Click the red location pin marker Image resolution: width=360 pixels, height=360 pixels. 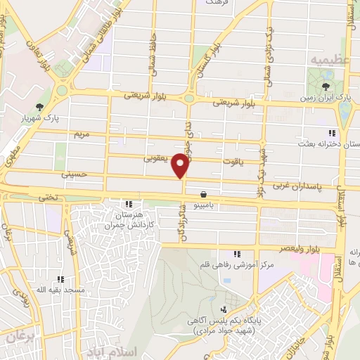coord(181,166)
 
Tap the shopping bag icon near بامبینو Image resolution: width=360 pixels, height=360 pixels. coord(203,193)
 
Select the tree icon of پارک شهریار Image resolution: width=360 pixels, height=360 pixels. coord(41,106)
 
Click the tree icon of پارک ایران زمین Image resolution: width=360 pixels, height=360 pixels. coord(325,87)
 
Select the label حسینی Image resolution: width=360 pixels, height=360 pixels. coord(74,172)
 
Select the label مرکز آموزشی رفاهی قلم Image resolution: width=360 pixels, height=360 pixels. coord(237,266)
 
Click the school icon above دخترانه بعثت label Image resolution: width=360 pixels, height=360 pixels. coord(332,133)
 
